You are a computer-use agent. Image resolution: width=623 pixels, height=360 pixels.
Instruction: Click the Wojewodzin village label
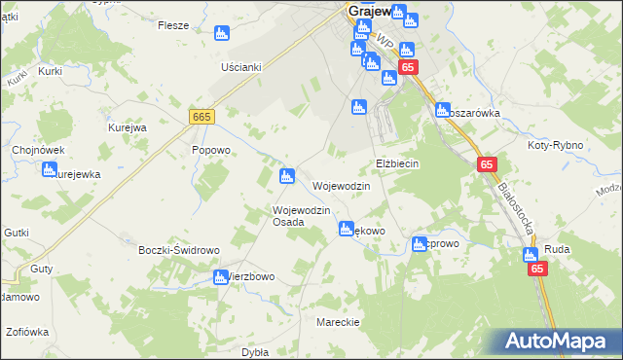tap(341, 186)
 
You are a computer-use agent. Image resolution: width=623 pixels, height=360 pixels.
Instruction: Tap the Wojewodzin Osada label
tap(303, 216)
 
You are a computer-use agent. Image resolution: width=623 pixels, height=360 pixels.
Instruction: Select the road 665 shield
tap(202, 117)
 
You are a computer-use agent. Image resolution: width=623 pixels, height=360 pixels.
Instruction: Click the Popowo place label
tap(210, 151)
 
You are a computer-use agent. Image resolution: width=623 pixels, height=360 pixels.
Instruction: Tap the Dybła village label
tap(254, 352)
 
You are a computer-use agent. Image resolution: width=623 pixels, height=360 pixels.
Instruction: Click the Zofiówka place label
tap(26, 332)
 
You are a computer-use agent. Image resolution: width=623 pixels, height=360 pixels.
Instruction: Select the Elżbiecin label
tap(397, 163)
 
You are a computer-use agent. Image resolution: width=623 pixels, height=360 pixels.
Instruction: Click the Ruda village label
tap(557, 249)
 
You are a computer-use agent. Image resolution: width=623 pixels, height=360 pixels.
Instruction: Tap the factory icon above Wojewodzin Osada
tap(286, 176)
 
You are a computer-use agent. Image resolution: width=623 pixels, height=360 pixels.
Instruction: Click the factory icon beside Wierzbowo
tap(220, 277)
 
